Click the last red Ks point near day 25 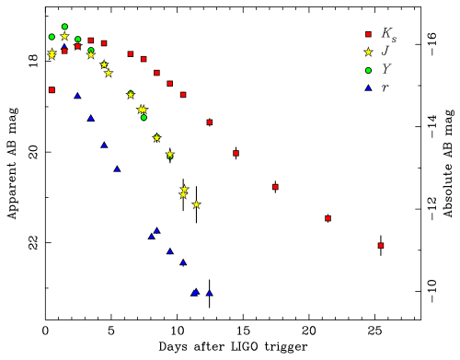click(x=381, y=246)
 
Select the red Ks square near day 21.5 click(x=328, y=218)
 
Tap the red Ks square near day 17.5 click(x=275, y=187)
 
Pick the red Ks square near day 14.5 click(x=236, y=153)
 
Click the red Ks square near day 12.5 click(x=210, y=122)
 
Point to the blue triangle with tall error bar click(x=210, y=293)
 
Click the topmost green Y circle click(x=64, y=27)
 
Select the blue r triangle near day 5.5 click(x=117, y=168)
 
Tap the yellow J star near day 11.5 click(x=197, y=204)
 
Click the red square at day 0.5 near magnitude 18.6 click(x=52, y=90)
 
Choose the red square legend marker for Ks click(x=368, y=34)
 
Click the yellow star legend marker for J click(x=368, y=52)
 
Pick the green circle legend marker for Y click(x=368, y=70)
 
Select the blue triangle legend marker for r click(x=368, y=88)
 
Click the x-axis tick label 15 click(x=243, y=331)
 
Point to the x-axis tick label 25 click(x=374, y=331)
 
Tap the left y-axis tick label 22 click(x=33, y=242)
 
